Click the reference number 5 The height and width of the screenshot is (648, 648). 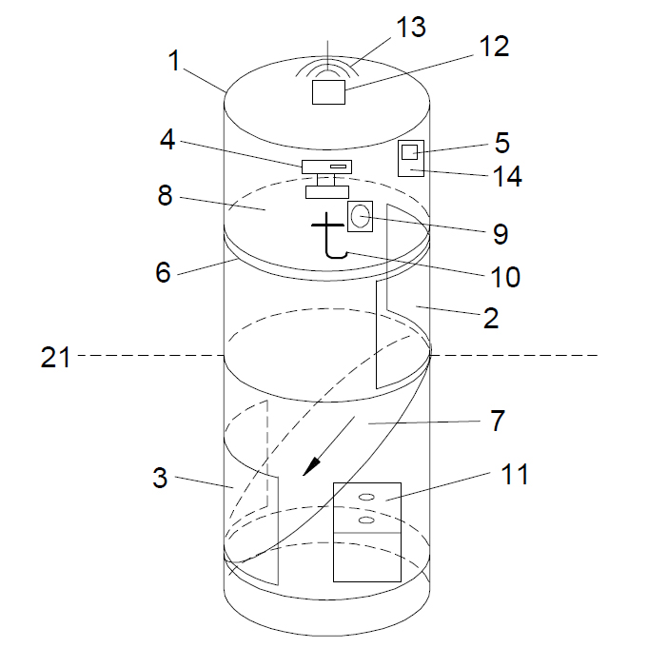coord(501,143)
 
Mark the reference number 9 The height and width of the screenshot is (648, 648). coord(500,233)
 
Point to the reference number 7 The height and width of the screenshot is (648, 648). coord(499,419)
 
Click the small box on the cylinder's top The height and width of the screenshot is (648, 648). coord(329,92)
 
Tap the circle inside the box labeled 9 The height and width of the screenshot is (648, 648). coord(359,216)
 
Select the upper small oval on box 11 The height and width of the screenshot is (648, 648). coord(366,497)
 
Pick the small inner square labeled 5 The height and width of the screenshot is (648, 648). coord(409,152)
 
